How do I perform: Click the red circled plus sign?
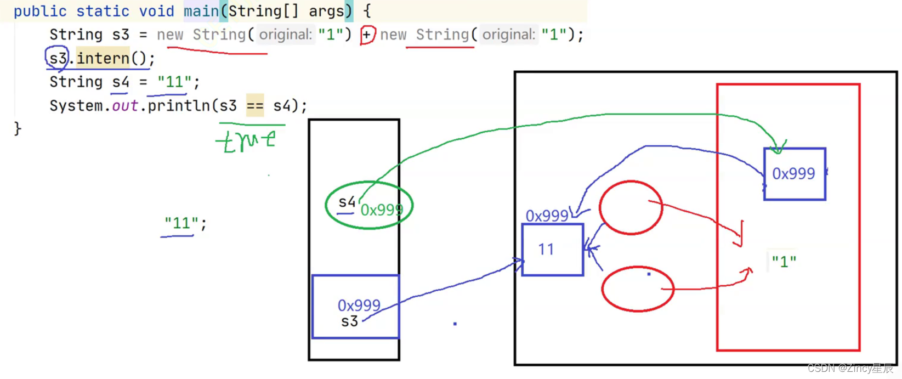(367, 35)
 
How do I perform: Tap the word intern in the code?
(103, 58)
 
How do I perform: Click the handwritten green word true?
(248, 141)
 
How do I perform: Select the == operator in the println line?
(255, 105)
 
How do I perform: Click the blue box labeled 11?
(552, 250)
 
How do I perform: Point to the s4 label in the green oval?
(347, 202)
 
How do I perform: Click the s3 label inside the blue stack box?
(349, 321)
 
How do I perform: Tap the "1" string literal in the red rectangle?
(784, 262)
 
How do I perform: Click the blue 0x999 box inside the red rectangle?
(794, 174)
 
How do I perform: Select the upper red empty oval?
(631, 207)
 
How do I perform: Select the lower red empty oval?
(637, 289)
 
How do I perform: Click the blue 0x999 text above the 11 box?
(547, 216)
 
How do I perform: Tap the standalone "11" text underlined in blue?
(181, 223)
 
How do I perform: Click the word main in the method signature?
(201, 11)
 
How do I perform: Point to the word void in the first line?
(156, 11)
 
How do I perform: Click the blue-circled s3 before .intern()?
(58, 58)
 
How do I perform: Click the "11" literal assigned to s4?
(174, 82)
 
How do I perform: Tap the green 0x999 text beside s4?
(381, 210)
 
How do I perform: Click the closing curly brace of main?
(18, 128)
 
